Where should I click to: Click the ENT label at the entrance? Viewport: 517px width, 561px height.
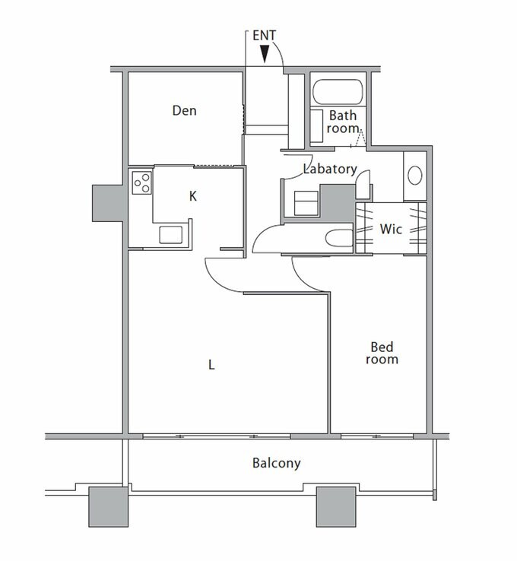pyautogui.click(x=264, y=36)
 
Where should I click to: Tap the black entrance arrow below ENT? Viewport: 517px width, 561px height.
pyautogui.click(x=264, y=54)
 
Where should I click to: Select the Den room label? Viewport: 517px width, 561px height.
pyautogui.click(x=184, y=111)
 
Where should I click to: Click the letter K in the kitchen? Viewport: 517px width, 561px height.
pyautogui.click(x=193, y=196)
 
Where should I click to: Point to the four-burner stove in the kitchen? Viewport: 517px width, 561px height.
pyautogui.click(x=142, y=182)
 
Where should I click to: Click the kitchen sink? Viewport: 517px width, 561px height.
pyautogui.click(x=171, y=235)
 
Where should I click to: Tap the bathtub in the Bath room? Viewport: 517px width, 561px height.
pyautogui.click(x=338, y=92)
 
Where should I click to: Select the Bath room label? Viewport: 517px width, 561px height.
pyautogui.click(x=342, y=122)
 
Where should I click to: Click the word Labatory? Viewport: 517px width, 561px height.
pyautogui.click(x=329, y=169)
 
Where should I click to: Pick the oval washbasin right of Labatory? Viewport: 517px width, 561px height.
pyautogui.click(x=415, y=176)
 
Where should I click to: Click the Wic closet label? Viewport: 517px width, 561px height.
pyautogui.click(x=391, y=228)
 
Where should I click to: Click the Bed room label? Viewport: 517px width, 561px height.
pyautogui.click(x=382, y=353)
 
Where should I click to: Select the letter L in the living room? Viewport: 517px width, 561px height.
pyautogui.click(x=212, y=365)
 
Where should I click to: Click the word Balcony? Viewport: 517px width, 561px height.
pyautogui.click(x=276, y=462)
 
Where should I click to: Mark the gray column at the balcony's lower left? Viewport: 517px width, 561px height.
pyautogui.click(x=109, y=506)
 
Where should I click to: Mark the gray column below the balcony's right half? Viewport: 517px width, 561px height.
pyautogui.click(x=336, y=506)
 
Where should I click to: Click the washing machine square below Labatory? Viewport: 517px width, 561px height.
pyautogui.click(x=307, y=203)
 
